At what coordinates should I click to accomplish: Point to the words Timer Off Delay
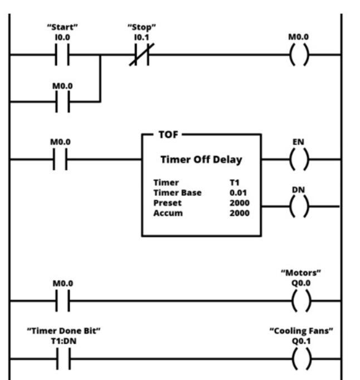click(201, 160)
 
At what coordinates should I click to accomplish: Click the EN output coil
click(299, 159)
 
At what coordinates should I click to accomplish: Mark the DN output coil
click(299, 206)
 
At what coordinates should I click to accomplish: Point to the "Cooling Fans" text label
click(301, 331)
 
